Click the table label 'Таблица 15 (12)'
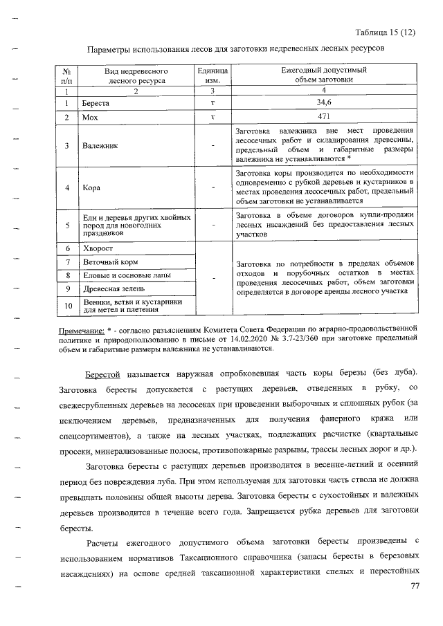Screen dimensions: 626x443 click(385, 33)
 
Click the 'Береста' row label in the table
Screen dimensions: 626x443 click(96, 103)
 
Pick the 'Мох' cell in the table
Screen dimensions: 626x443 click(90, 118)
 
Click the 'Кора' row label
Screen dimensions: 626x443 click(91, 187)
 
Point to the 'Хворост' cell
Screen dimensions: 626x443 click(98, 248)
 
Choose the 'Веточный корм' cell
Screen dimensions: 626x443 click(110, 262)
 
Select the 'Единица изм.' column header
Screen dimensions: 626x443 click(214, 75)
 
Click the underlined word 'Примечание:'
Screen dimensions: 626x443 click(82, 331)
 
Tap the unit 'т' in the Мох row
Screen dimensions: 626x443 click(214, 118)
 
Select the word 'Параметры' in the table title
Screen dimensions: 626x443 click(109, 50)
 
